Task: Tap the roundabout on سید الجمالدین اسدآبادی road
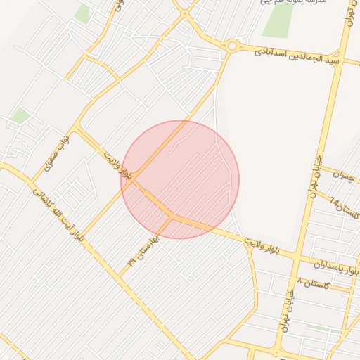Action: point(231,46)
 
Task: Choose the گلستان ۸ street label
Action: point(314,282)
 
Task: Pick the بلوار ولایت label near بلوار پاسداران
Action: point(268,247)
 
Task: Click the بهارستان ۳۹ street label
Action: point(144,250)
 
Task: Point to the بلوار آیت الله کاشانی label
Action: point(58,214)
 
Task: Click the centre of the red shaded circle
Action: point(180,179)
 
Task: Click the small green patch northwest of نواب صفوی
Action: point(20,115)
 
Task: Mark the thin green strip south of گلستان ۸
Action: point(325,328)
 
